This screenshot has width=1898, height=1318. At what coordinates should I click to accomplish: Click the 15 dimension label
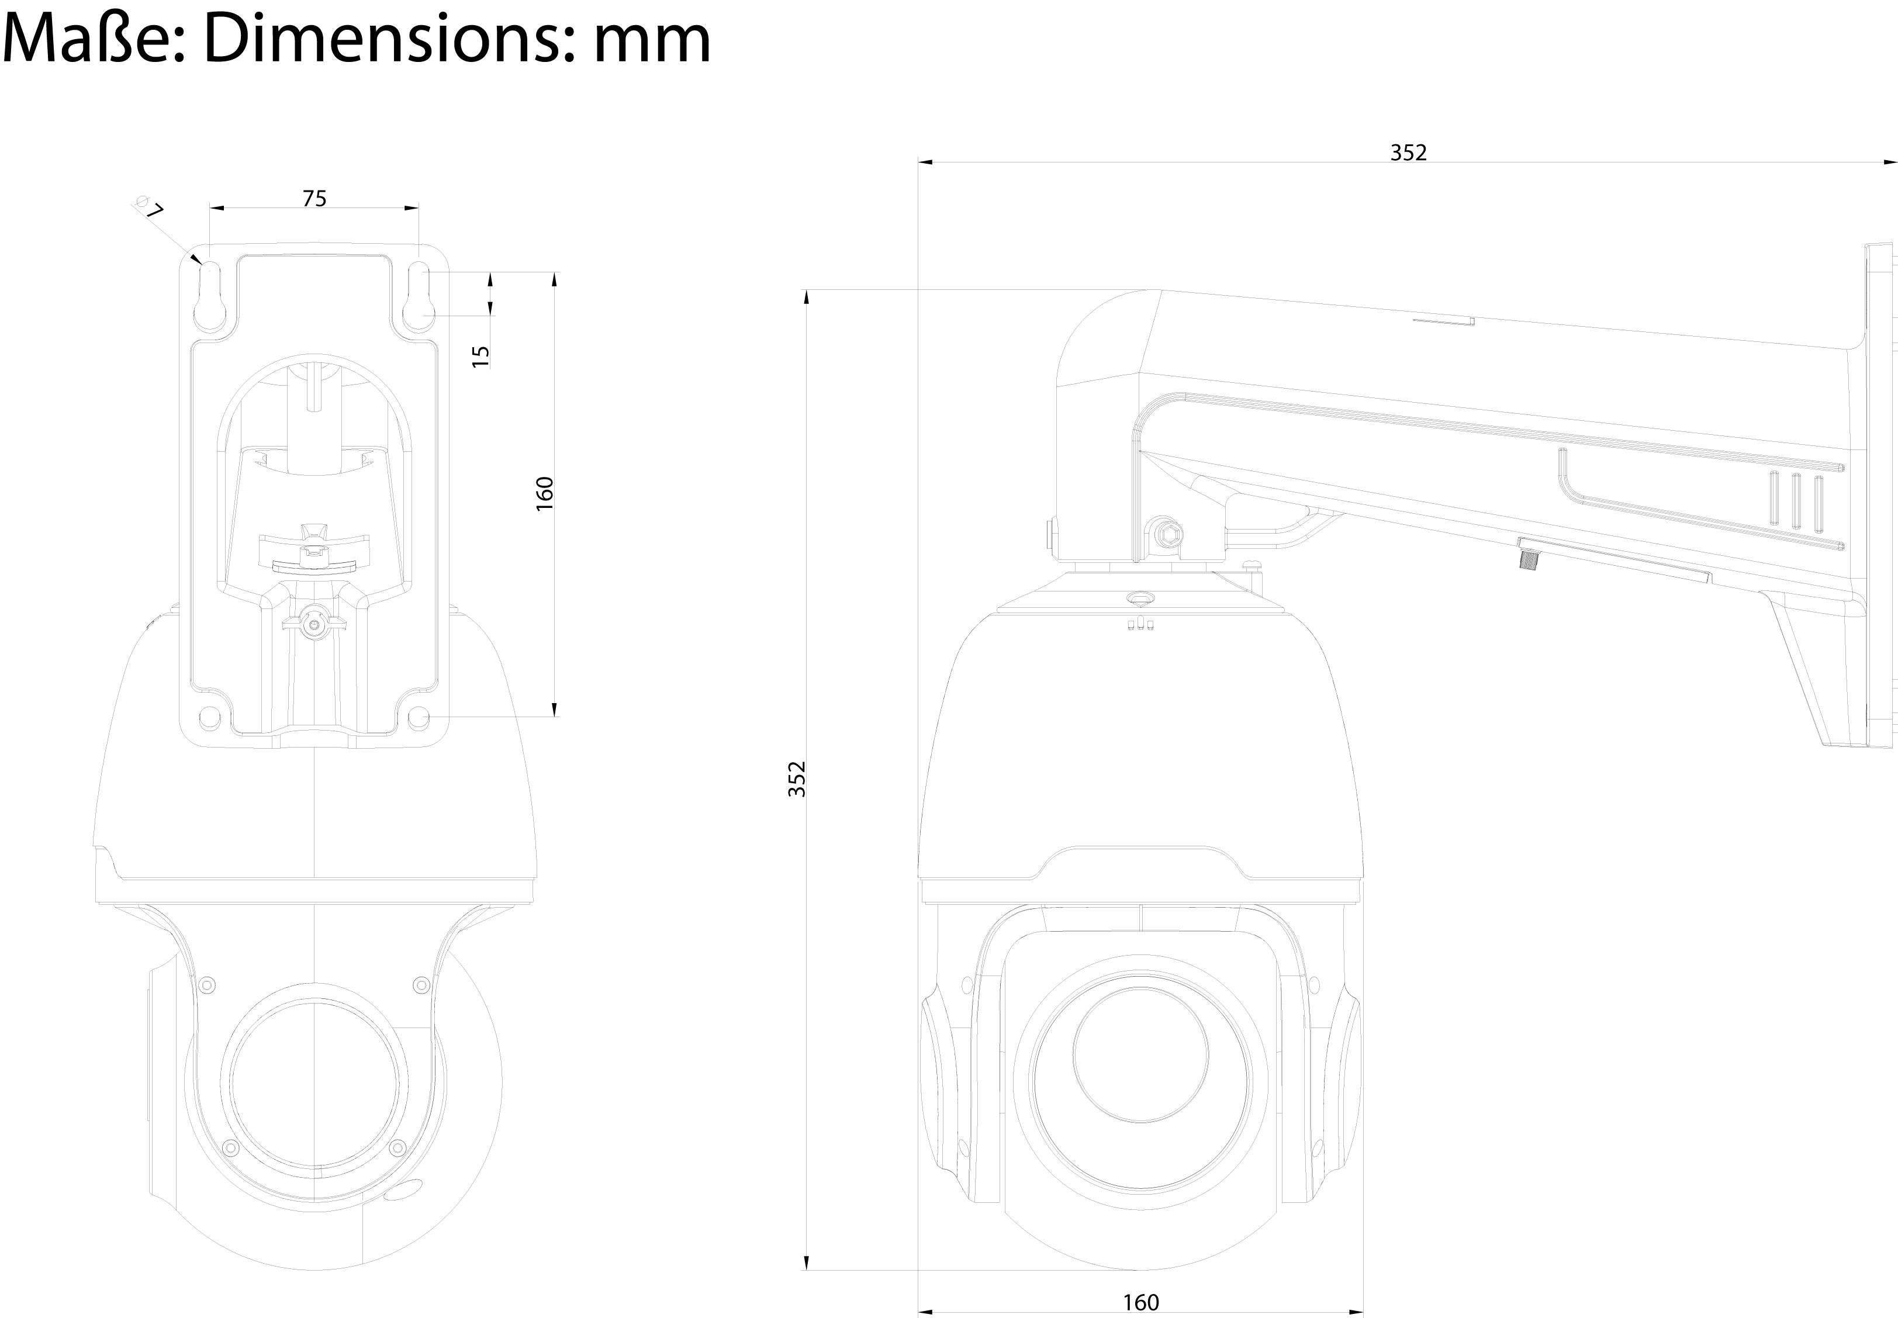tap(480, 356)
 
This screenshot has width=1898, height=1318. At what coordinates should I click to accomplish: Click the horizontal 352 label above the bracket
tap(1408, 153)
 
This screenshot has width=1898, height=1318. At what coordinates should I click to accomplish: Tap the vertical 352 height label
tap(796, 779)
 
